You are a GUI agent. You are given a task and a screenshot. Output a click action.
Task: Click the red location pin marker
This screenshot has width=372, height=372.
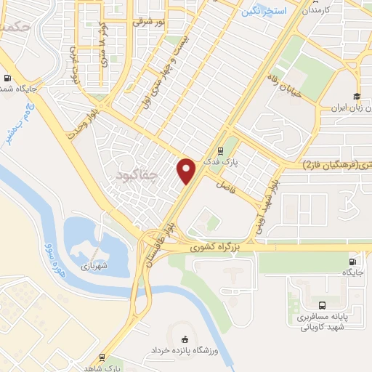tap(187, 171)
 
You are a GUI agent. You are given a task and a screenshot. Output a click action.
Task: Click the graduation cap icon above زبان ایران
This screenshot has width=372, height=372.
tap(357, 96)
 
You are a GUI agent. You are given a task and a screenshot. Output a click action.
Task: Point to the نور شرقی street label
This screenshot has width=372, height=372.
tap(149, 23)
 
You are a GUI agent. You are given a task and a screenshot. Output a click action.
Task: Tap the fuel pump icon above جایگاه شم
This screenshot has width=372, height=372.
tap(8, 78)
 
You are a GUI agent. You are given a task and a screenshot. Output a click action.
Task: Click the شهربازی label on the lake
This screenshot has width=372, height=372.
tap(94, 266)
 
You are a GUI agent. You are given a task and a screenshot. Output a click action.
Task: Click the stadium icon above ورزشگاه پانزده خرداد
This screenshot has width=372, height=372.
tap(184, 339)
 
